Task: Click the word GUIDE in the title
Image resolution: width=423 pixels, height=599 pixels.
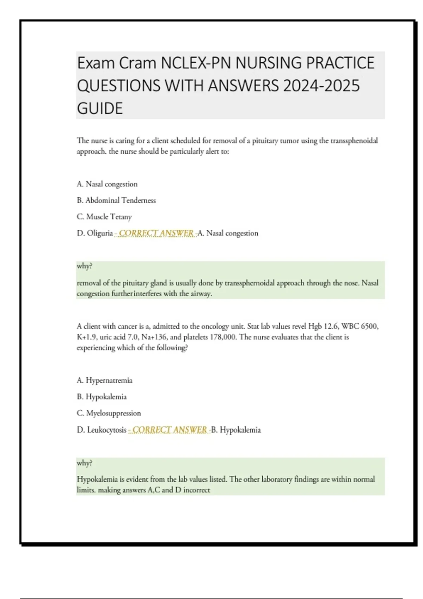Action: (100, 109)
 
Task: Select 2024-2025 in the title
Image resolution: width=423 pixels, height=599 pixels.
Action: (321, 86)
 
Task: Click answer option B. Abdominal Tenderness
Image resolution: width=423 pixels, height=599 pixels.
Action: (116, 200)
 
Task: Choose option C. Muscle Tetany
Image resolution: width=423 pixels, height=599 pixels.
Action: (104, 217)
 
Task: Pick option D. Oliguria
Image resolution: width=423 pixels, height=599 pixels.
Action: (95, 233)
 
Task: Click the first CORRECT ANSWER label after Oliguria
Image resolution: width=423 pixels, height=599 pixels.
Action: (156, 233)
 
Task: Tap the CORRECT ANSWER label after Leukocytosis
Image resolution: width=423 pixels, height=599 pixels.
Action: (169, 430)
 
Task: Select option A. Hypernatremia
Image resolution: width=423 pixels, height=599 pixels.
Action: (105, 381)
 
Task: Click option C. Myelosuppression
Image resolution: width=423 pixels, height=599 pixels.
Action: (109, 413)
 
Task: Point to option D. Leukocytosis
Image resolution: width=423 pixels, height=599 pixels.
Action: (102, 430)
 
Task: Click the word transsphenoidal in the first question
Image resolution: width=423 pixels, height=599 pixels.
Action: (354, 141)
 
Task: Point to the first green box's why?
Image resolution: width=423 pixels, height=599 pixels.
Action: (85, 266)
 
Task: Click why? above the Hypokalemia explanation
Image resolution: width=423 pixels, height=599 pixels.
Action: (85, 463)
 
